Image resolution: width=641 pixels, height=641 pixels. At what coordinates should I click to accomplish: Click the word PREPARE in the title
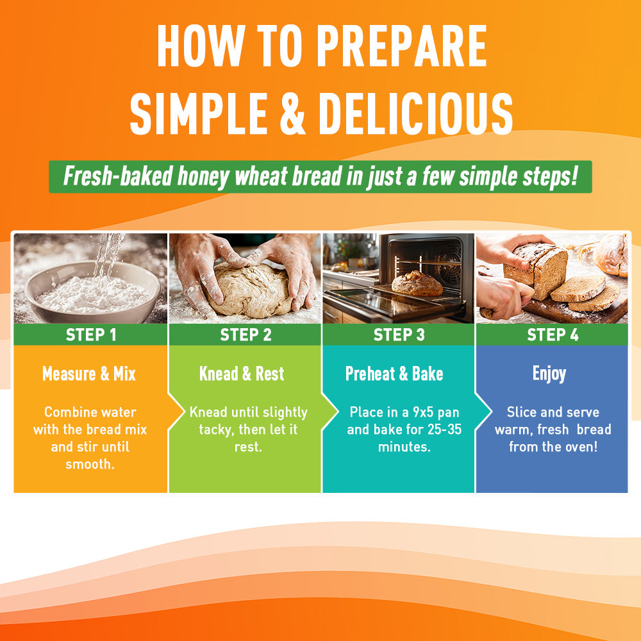(x=402, y=46)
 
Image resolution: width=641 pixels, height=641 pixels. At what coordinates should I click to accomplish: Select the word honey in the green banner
(x=203, y=177)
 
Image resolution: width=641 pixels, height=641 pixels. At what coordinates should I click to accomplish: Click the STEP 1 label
(x=91, y=335)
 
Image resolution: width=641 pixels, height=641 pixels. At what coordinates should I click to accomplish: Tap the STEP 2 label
(x=246, y=335)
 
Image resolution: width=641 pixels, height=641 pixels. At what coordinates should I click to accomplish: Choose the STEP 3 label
(x=399, y=335)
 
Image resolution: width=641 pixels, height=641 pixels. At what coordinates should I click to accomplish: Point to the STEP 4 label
(x=553, y=335)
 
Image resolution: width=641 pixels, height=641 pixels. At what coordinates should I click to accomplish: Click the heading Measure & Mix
(x=88, y=374)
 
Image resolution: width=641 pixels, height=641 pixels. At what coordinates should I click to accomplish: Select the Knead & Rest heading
(x=242, y=374)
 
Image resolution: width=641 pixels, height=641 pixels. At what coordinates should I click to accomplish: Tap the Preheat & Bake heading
(x=394, y=374)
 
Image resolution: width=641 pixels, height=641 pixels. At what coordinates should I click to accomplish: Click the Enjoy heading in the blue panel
(x=549, y=374)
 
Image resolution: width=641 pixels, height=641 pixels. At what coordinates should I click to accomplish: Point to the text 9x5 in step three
(x=423, y=412)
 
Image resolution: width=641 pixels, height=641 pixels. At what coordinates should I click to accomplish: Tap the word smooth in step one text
(x=90, y=464)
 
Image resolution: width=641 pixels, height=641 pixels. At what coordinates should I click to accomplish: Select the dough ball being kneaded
(x=249, y=290)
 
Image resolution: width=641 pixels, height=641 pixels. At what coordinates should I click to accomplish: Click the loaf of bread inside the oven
(x=417, y=283)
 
